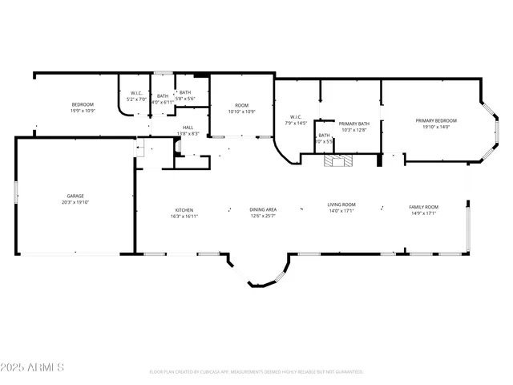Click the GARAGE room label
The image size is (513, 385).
pos(75,196)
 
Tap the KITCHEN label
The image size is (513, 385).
pos(184,211)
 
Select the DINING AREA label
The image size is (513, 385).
pos(262,211)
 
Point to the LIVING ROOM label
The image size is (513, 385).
pos(341,205)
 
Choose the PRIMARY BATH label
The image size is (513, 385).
pos(353,124)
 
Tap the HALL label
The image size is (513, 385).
pos(188,128)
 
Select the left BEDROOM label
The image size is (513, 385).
pos(83,105)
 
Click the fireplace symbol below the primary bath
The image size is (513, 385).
pos(337,160)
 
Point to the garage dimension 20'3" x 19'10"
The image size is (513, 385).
pos(75,202)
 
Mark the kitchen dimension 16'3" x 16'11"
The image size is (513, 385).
pos(184,217)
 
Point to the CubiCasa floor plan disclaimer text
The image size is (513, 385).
pos(256,372)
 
